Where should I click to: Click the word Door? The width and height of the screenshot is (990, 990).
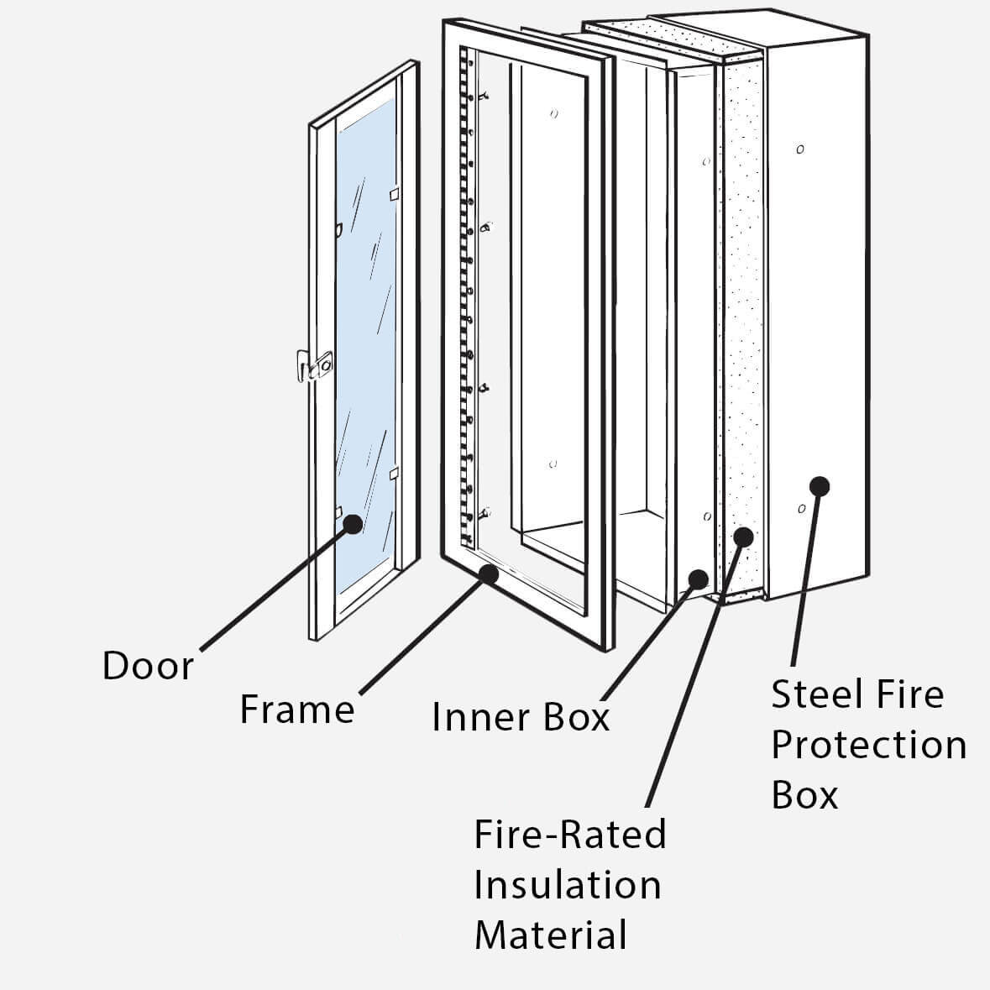coord(148,666)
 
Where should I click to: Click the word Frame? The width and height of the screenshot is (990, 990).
coord(297,710)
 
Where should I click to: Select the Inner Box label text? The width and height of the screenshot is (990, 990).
coord(520,717)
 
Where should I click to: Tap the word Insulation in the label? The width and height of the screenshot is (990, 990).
coord(568,885)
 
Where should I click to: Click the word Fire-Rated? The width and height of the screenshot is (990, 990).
coord(570,835)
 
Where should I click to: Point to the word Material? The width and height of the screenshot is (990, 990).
coord(551,935)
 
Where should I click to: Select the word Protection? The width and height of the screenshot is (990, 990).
coord(868,745)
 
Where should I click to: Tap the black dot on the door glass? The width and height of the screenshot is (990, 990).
coord(354,523)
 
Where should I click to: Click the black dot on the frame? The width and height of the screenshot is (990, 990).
coord(488,574)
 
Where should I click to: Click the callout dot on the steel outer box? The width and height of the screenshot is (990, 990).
coord(820,485)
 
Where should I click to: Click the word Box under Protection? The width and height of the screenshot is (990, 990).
coord(804,794)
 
